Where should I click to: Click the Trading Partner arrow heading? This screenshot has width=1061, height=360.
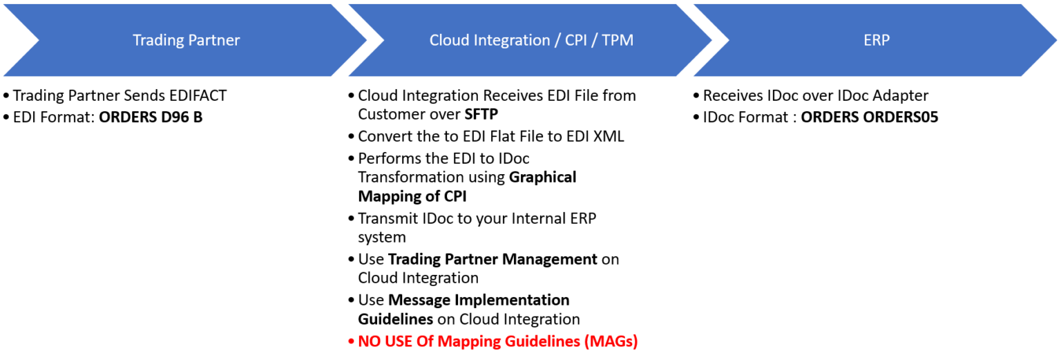coord(186,40)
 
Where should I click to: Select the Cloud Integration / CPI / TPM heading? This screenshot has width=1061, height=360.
coord(530,40)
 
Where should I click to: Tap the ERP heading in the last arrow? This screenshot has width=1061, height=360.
coord(876,40)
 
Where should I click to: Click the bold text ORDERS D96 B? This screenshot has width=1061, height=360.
coord(151,117)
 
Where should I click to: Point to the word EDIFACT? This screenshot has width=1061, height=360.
coord(196,96)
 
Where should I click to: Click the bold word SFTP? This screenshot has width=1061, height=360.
coord(482,115)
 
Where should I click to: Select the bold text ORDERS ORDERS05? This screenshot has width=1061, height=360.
coord(869,117)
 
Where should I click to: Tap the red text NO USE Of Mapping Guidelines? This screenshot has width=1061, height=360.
coord(497,341)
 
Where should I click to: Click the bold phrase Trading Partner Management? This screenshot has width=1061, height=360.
coord(493,259)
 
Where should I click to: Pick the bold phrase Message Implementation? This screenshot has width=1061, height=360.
coord(479,300)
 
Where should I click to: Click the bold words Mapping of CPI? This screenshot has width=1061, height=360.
coord(412,196)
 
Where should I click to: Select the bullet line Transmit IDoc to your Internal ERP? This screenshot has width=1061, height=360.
coord(477,218)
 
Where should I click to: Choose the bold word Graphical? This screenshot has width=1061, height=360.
coord(542,177)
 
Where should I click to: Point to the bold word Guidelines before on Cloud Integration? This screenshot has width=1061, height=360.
coord(395,319)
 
